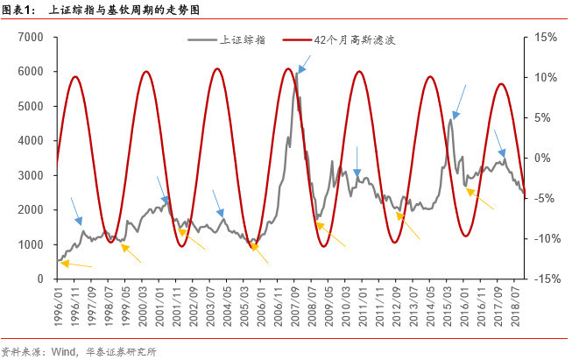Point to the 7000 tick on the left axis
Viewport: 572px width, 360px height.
[x=32, y=37]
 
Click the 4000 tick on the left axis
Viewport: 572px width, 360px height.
[x=32, y=140]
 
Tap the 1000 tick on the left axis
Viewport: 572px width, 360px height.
[x=32, y=244]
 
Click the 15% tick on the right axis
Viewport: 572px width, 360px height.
[x=545, y=37]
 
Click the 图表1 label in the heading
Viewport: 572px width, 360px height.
[x=18, y=11]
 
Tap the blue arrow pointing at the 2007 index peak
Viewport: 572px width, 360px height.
[x=304, y=62]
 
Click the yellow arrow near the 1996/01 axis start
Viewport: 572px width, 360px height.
[x=76, y=263]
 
